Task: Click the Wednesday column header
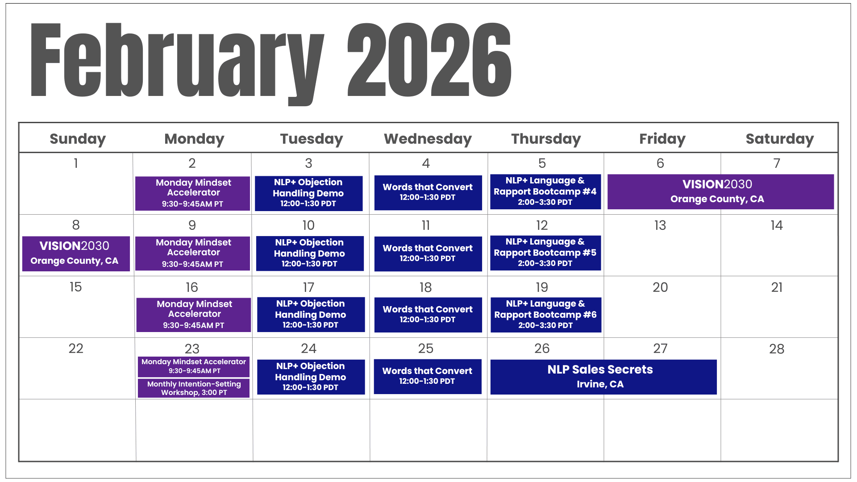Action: coord(428,139)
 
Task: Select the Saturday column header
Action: coord(780,139)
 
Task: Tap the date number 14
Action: coord(777,225)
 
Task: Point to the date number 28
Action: coord(777,349)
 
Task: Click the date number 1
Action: coord(76,163)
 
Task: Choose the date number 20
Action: coord(660,287)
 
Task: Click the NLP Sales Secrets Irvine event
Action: coord(603,377)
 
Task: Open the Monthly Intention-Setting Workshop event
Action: coord(194,388)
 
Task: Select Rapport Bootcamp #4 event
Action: coord(545,191)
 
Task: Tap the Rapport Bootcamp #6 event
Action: coord(546,315)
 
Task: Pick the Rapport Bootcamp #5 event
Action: coord(545,253)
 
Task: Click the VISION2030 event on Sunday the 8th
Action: coord(76,253)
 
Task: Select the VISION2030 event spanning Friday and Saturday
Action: coord(720,191)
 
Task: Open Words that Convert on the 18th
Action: coord(428,315)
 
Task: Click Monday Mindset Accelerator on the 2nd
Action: coord(192,193)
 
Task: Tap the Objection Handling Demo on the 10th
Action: coord(310,253)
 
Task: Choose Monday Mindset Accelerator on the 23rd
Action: coord(194,366)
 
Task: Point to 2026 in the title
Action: coord(429,59)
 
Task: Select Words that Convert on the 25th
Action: coord(428,377)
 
